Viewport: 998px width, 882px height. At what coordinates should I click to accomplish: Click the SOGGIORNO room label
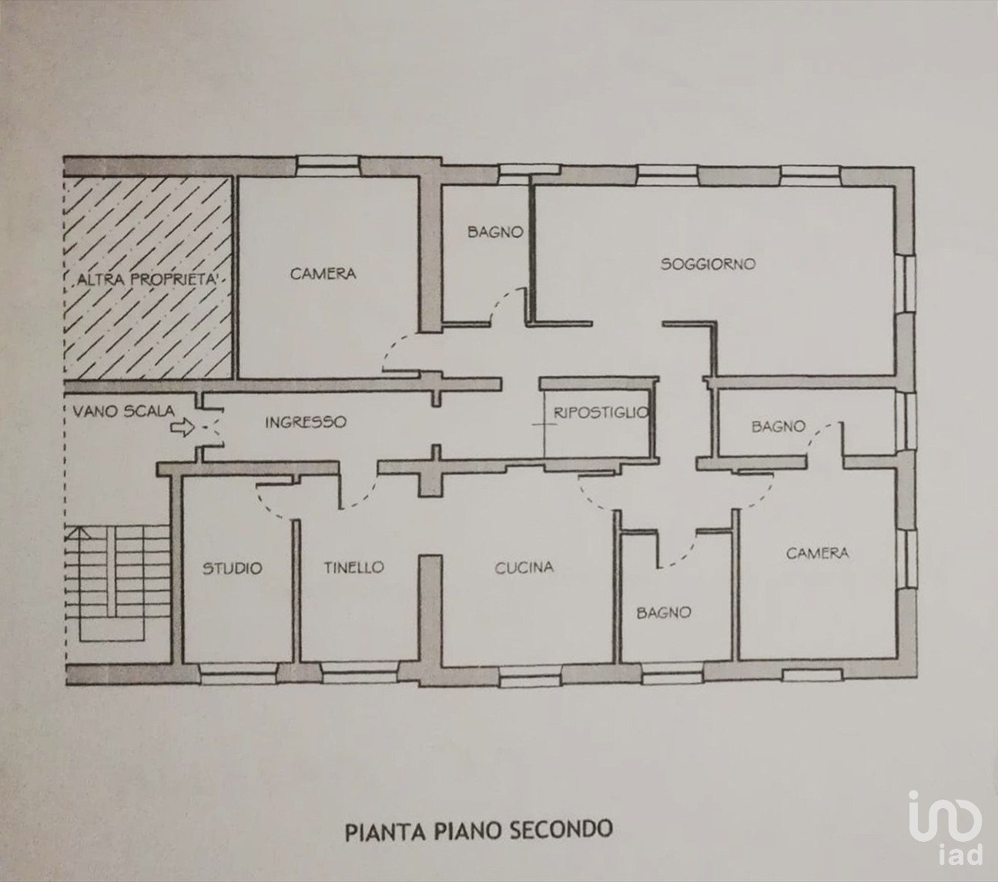coord(708,264)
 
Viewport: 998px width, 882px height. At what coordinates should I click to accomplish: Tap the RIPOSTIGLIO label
coord(601,413)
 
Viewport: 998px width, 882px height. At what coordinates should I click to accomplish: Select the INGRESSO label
coord(306,422)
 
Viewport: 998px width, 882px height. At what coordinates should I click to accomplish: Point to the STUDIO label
coord(233,568)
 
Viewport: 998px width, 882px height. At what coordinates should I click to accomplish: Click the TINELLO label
coord(353,567)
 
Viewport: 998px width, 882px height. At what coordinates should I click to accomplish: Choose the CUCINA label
coord(524,568)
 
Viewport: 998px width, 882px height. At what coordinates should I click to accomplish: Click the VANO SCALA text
coord(124,411)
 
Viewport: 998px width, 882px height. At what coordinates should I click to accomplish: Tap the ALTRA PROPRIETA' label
coord(147,280)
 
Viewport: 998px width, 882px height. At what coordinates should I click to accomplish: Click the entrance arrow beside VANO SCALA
coord(183,428)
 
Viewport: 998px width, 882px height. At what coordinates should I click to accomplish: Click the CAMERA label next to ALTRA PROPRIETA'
coord(323,273)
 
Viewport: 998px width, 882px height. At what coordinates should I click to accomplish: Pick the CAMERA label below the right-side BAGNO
coord(817,553)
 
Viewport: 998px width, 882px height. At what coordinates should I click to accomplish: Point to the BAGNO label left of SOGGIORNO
coord(495,232)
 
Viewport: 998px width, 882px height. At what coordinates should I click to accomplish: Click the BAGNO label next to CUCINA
coord(664,612)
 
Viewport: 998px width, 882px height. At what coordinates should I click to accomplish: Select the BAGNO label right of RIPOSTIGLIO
coord(779,426)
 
